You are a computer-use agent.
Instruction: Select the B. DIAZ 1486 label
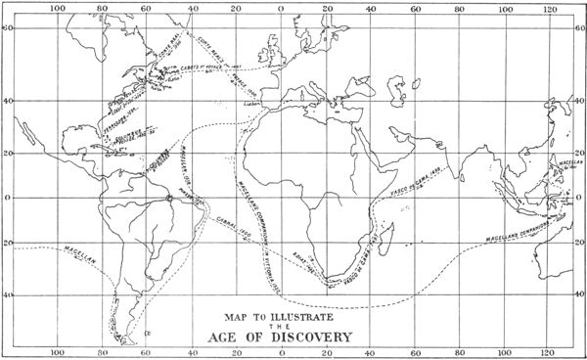tap(302, 263)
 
